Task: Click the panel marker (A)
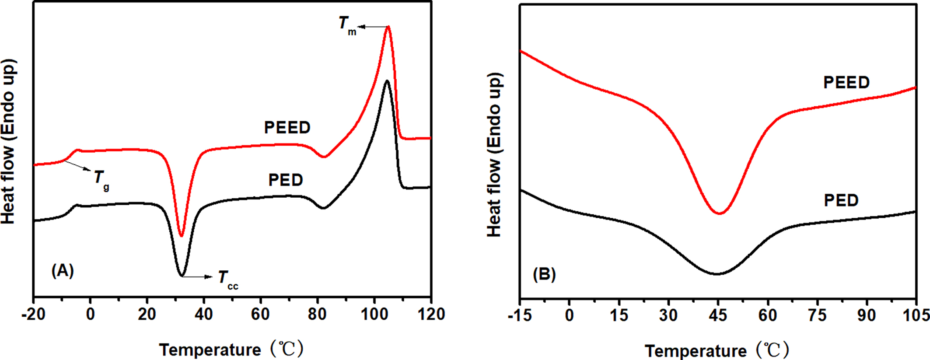(63, 271)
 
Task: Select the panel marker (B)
(544, 274)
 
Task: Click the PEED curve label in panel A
(287, 128)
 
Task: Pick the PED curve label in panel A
(286, 180)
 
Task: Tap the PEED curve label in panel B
(846, 83)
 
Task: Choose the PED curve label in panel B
(841, 200)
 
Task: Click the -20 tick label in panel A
(33, 315)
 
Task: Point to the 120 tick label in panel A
(431, 315)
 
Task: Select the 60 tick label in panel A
(261, 315)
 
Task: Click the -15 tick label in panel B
(520, 316)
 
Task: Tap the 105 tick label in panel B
(916, 316)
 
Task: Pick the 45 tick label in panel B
(718, 316)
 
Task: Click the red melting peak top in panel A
(388, 27)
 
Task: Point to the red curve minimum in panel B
(719, 213)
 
